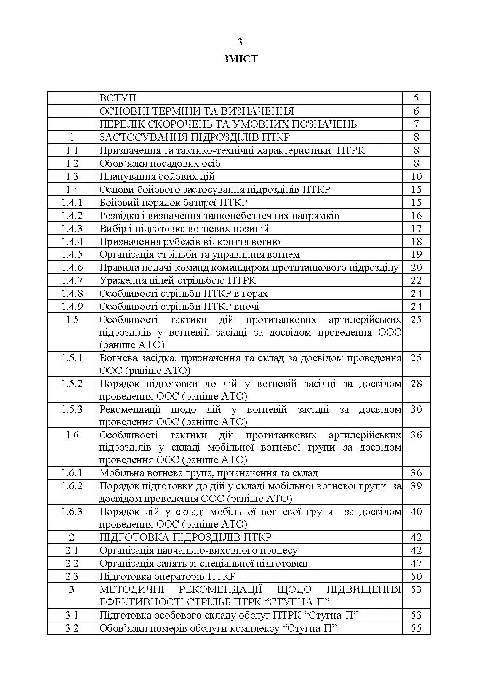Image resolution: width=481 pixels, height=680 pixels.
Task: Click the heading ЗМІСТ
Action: click(240, 59)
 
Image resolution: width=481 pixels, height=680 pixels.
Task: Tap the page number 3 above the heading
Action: click(240, 42)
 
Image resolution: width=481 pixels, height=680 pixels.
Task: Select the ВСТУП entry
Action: click(118, 98)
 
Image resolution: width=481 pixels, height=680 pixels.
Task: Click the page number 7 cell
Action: click(416, 124)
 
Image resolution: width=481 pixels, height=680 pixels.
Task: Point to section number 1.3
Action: click(72, 176)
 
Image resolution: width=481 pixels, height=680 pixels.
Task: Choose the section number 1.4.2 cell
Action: click(72, 216)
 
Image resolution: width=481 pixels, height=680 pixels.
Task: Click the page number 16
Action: click(416, 216)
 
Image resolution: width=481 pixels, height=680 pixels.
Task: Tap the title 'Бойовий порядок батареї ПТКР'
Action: click(174, 203)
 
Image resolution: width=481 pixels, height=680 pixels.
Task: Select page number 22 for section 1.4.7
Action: click(416, 280)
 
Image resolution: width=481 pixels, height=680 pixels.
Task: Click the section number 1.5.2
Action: click(72, 384)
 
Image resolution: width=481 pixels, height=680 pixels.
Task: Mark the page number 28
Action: click(416, 384)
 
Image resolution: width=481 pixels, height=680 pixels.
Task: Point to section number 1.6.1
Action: click(72, 473)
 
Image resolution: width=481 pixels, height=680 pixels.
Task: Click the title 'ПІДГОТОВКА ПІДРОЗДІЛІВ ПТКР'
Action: click(185, 537)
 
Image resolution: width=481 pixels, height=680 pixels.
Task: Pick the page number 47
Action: click(416, 563)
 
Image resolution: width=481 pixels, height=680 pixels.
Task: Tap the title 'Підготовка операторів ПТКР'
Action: click(168, 576)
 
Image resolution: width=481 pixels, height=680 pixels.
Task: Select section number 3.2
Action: click(72, 628)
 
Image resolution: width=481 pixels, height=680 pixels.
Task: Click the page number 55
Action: click(416, 628)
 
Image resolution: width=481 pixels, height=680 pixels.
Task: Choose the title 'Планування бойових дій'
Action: click(157, 176)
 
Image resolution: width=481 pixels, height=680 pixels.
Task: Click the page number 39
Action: click(416, 486)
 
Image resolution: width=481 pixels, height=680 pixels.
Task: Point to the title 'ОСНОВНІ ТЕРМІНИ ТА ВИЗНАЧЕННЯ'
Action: click(197, 111)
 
